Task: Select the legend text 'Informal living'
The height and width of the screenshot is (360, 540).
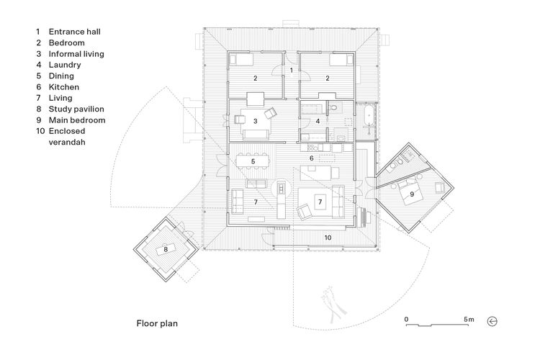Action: [x=76, y=54]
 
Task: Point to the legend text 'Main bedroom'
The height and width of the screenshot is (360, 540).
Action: [x=76, y=120]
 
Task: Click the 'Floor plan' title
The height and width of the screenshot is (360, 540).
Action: [x=157, y=323]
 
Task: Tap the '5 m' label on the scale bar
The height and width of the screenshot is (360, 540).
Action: [x=469, y=319]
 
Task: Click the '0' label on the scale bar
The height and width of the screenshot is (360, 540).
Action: [x=406, y=319]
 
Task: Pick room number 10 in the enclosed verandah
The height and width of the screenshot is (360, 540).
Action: [x=326, y=236]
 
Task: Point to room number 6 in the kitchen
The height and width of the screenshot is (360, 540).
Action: [x=311, y=158]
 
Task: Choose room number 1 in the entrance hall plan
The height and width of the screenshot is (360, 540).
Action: [x=291, y=71]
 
